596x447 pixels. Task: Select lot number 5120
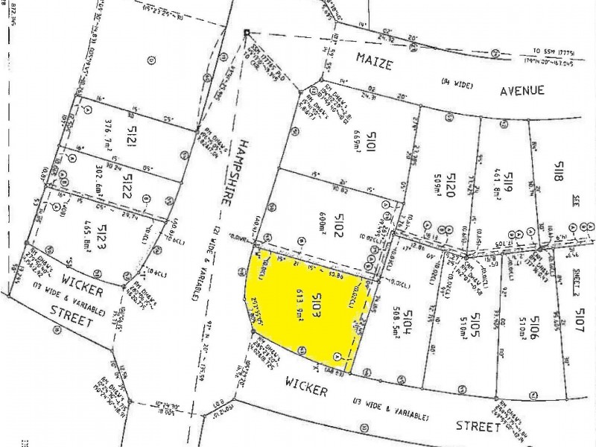pos(450,184)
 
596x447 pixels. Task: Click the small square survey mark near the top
pos(247,32)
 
